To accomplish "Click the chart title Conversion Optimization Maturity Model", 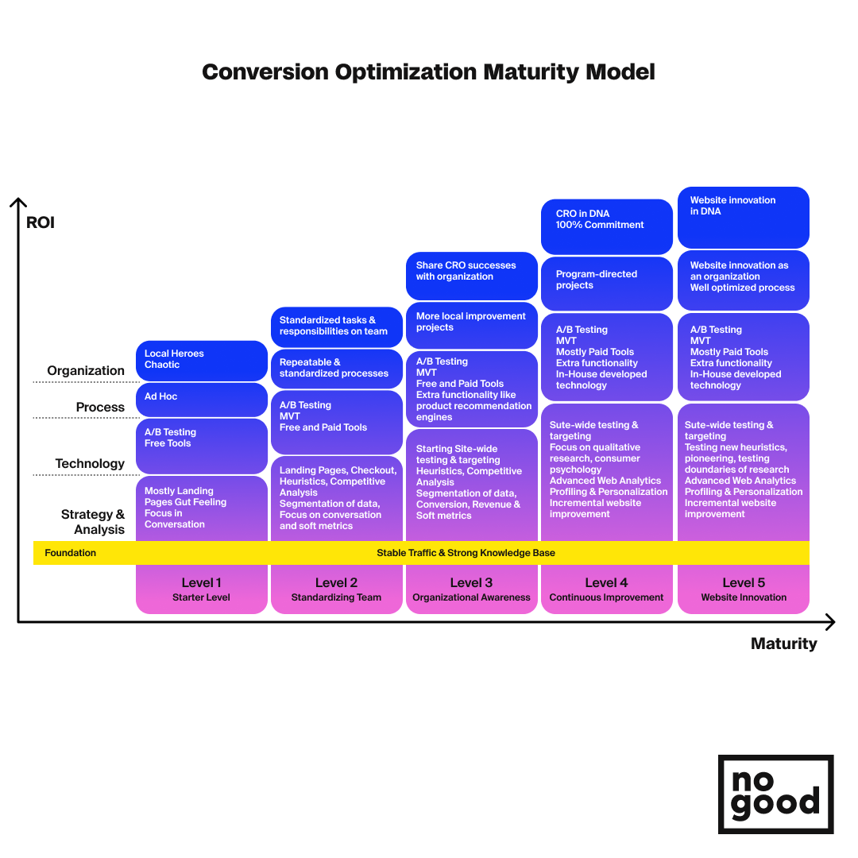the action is click(428, 71).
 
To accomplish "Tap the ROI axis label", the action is click(41, 222).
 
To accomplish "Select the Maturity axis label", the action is click(783, 644).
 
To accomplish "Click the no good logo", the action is click(776, 794).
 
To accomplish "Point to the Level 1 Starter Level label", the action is click(201, 589).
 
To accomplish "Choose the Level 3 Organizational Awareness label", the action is click(471, 589).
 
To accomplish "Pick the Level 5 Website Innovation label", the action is click(744, 589).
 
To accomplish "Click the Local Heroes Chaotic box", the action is click(201, 361).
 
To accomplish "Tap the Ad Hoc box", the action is click(201, 400).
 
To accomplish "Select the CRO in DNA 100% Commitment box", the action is click(606, 226).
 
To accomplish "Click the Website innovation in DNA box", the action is click(743, 217).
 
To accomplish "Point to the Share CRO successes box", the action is click(471, 276).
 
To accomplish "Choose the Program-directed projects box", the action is click(606, 284).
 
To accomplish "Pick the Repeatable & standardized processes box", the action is click(337, 369).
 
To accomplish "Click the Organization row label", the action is click(86, 371).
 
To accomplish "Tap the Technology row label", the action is click(90, 464).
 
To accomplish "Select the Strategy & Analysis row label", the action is click(93, 522).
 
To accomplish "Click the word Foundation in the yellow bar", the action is click(70, 553).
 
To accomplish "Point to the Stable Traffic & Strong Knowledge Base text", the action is click(466, 553).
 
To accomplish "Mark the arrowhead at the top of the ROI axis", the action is click(18, 199).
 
